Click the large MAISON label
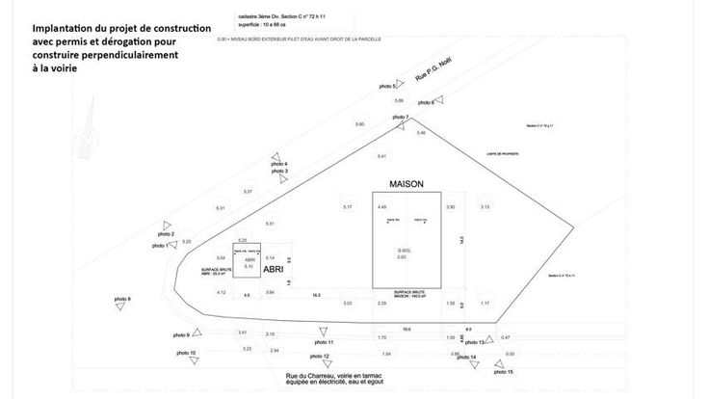tap(406, 183)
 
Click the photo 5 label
tap(386, 88)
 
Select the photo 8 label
tap(122, 300)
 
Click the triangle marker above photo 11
tap(321, 331)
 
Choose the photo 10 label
tap(186, 354)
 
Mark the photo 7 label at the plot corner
tap(401, 118)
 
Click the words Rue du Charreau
tap(310, 376)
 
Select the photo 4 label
tap(279, 164)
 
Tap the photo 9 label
tap(181, 334)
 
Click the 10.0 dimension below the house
tap(407, 329)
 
